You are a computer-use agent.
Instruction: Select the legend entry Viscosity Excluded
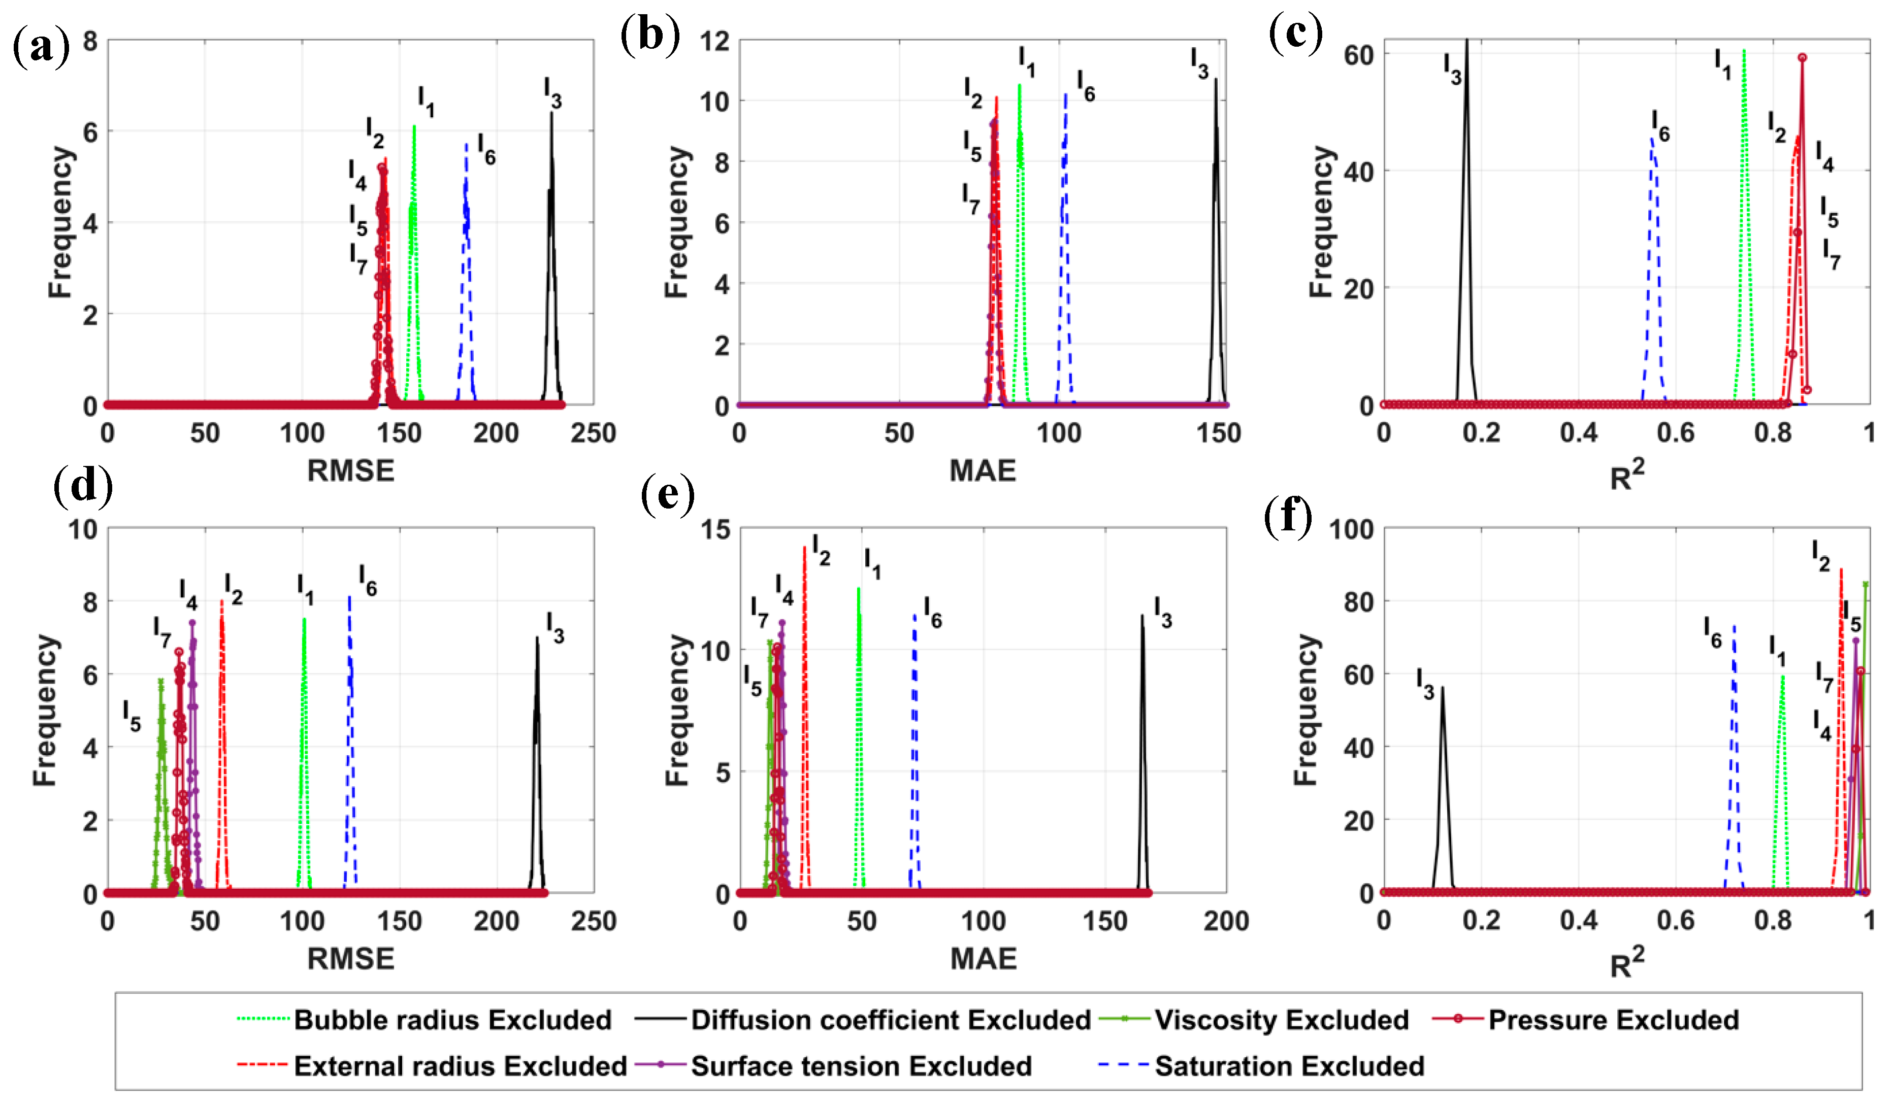click(x=1281, y=1019)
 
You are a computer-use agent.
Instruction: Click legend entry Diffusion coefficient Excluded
click(x=890, y=1019)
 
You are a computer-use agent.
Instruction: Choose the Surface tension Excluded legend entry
click(x=861, y=1066)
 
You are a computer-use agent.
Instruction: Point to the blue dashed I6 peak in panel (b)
click(x=1065, y=96)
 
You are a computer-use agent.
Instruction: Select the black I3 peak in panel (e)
click(x=1142, y=617)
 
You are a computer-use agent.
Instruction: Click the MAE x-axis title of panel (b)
click(x=983, y=471)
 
